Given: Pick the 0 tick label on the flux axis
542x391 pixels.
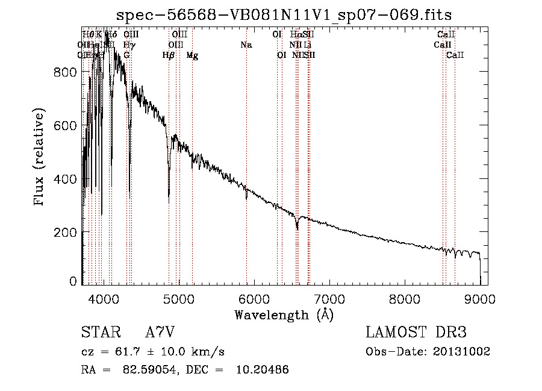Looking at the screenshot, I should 73,281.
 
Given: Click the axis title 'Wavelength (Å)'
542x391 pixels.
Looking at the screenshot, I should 284,314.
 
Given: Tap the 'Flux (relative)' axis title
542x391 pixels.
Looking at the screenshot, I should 40,158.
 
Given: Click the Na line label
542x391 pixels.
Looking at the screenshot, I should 246,45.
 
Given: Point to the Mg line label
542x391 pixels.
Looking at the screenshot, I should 192,55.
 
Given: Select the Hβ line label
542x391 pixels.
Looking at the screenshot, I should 169,55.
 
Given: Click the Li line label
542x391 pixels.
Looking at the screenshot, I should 308,45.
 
